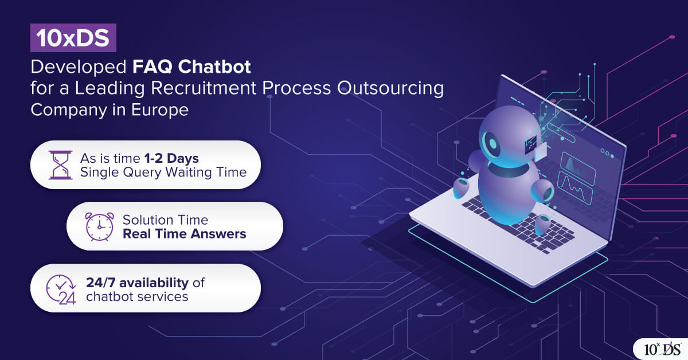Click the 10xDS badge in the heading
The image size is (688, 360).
coord(73,38)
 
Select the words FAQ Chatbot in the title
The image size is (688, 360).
coord(191,67)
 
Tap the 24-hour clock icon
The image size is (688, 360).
coord(60,288)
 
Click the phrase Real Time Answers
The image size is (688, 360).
coord(184,234)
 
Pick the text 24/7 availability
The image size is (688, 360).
coord(138,282)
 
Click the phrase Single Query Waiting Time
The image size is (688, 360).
coord(163,173)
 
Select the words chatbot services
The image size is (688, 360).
coord(137,296)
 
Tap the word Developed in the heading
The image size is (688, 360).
coord(79,67)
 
